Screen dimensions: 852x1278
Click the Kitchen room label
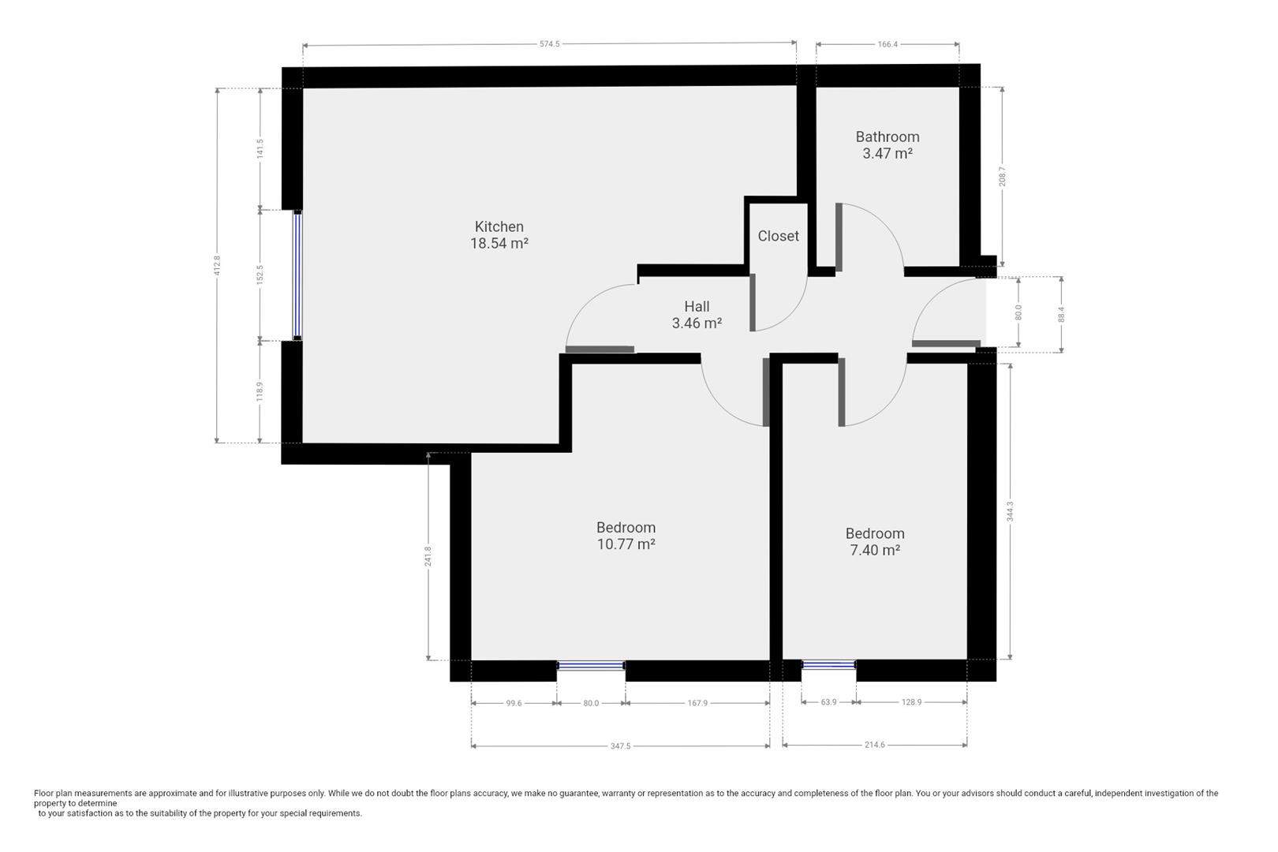click(x=499, y=226)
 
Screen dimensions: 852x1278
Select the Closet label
click(x=778, y=236)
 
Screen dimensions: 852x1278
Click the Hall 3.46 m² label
click(x=697, y=315)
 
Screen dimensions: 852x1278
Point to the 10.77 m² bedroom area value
click(x=626, y=544)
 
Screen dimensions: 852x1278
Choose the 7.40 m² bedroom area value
click(x=875, y=551)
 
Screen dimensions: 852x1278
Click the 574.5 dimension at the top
click(x=549, y=44)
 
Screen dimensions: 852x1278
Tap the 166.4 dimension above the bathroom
click(x=887, y=44)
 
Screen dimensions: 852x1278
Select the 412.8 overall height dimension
click(x=217, y=265)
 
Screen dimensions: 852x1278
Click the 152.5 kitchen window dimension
click(x=260, y=275)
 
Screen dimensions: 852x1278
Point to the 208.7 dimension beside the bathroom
click(x=1003, y=176)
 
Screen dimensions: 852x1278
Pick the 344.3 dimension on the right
click(x=1010, y=511)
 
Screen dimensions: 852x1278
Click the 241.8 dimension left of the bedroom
click(x=428, y=557)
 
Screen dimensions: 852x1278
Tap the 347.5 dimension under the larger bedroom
click(x=620, y=745)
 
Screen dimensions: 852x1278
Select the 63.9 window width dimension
click(x=828, y=702)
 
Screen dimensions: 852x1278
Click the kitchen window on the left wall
click(x=297, y=275)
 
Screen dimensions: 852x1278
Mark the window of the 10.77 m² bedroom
click(x=591, y=666)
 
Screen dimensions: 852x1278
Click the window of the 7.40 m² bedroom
click(x=828, y=666)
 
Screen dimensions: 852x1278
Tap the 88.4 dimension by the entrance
click(x=1061, y=314)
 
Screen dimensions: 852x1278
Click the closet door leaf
click(x=753, y=302)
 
